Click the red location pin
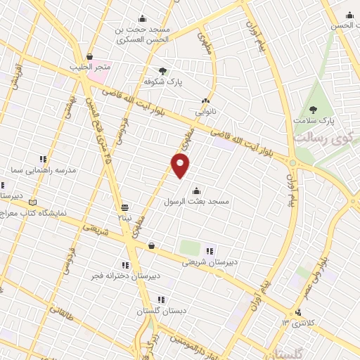[x=181, y=165]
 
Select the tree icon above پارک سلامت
[x=313, y=110]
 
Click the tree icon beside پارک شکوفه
[x=163, y=71]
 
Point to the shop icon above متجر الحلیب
[x=90, y=56]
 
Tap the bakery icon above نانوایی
[x=206, y=101]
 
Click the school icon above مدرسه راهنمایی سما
[x=43, y=159]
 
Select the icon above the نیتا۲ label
[x=124, y=207]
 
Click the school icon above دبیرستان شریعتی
[x=209, y=251]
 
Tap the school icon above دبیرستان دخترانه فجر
[x=125, y=265]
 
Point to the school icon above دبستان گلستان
[x=162, y=300]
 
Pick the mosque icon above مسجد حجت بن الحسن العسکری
[x=143, y=19]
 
